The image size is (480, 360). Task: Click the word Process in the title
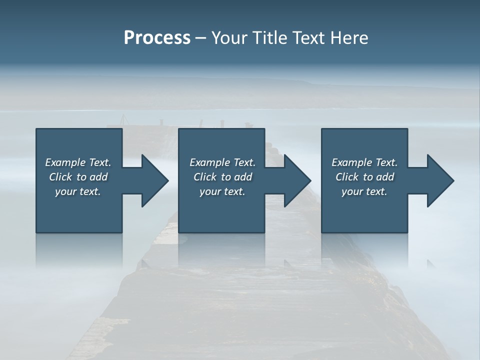pos(157,38)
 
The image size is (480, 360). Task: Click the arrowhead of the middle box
pos(297,180)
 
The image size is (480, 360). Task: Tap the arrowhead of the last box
pos(440,180)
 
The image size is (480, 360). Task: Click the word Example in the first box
pos(65,162)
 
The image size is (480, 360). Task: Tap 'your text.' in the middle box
pos(222,191)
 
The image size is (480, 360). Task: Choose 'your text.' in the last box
pos(364,191)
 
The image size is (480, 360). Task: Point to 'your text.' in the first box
pos(77,191)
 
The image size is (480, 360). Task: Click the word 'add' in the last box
pos(385,177)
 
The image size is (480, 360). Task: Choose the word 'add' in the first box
pos(98,177)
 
